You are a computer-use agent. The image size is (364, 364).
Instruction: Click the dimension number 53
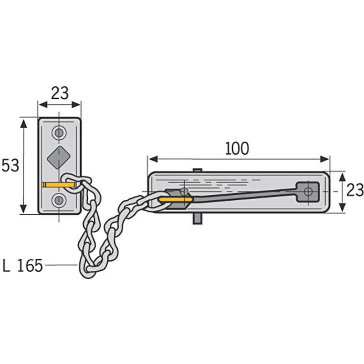pos(10,166)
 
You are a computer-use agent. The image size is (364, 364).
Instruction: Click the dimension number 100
pos(237,149)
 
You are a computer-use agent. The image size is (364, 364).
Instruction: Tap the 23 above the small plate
pos(60,93)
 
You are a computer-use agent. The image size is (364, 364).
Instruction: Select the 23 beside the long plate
pos(355,190)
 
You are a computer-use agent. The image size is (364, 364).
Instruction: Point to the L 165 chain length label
pos(22,265)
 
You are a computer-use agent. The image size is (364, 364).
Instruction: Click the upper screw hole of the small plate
pos(59,133)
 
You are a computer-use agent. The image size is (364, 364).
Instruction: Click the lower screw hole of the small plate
pos(59,200)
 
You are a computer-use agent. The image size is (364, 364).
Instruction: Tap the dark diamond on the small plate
pos(59,158)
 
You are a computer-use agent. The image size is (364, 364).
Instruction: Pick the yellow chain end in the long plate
pos(176,199)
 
